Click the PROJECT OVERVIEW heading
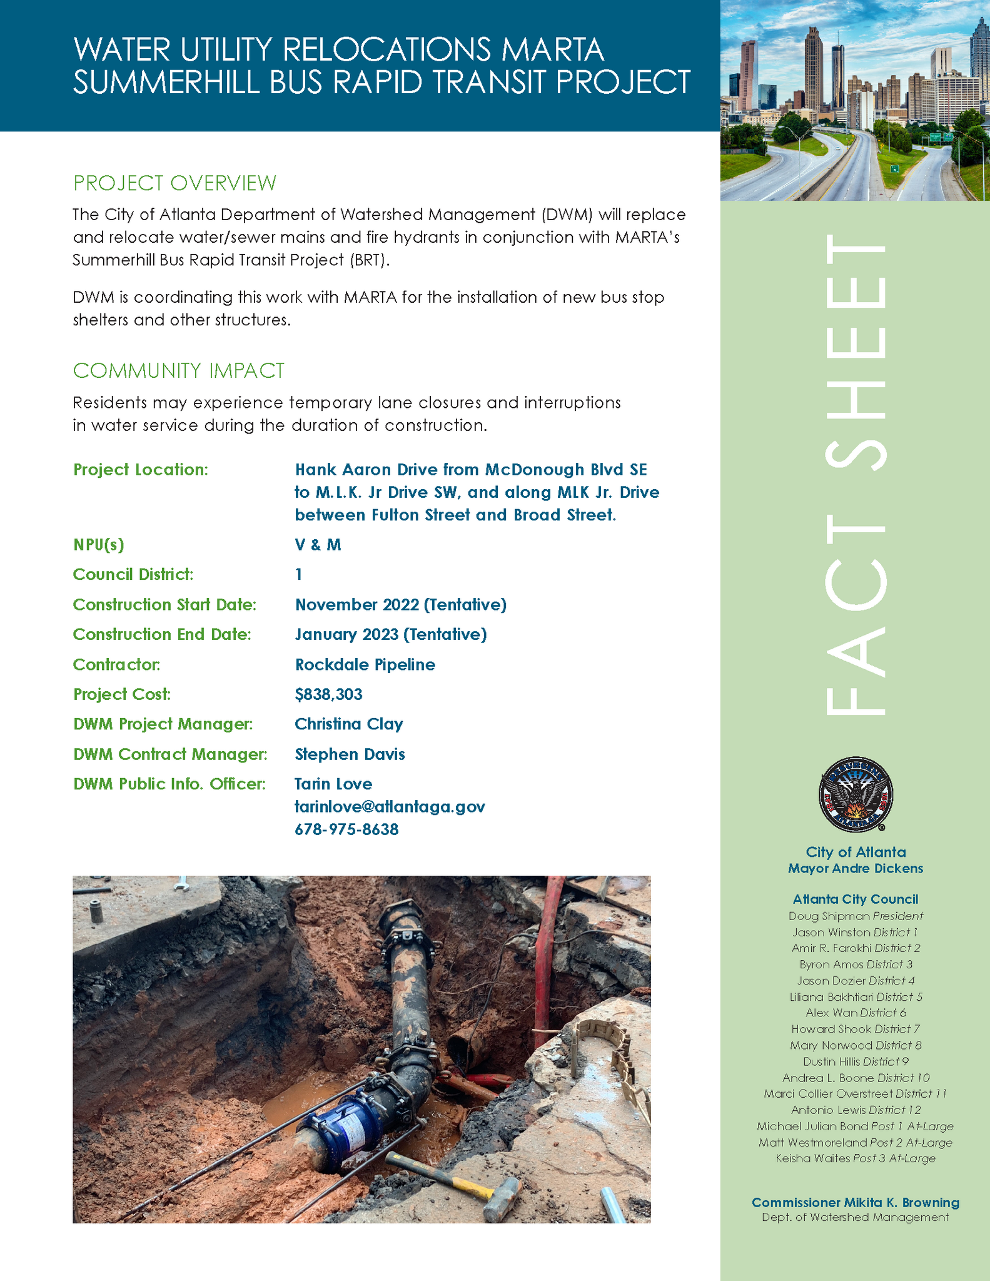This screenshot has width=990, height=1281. pos(174,183)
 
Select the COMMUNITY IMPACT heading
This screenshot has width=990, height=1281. pos(179,371)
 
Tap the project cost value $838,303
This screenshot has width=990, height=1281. pos(328,694)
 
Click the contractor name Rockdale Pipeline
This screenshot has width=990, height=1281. pos(365,664)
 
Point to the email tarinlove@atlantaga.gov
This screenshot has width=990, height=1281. pos(390,807)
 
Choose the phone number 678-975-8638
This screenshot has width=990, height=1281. pos(346,829)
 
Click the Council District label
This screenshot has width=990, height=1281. pos(133,574)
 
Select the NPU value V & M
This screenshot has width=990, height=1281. pos(318,545)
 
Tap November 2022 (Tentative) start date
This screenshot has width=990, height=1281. pos(400,604)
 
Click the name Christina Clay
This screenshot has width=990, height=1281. pos(348,724)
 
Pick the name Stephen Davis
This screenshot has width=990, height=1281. pos(350,754)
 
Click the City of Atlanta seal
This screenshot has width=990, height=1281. pos(855,794)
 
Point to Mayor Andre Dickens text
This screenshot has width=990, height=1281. pos(855,868)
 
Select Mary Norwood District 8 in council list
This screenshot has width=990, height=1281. pos(855,1045)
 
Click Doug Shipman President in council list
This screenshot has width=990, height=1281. pos(855,916)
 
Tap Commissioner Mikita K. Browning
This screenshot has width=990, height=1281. pos(855,1202)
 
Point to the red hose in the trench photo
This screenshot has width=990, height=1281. pos(550,951)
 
